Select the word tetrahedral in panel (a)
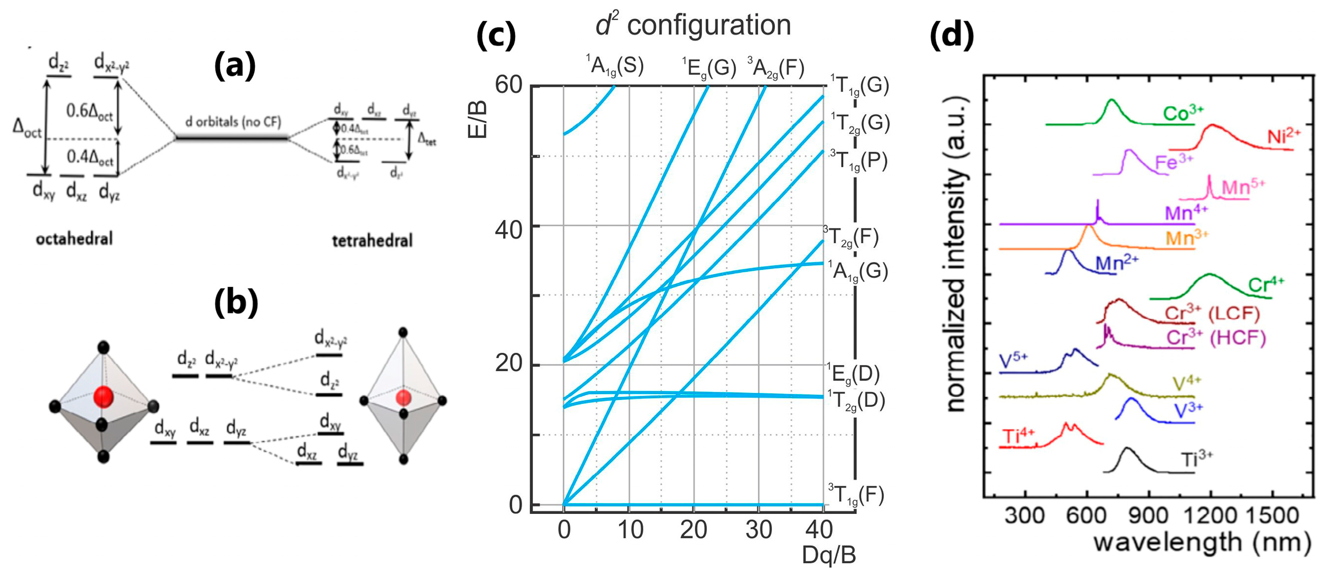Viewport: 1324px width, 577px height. (x=372, y=241)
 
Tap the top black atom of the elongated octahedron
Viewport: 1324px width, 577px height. (x=403, y=333)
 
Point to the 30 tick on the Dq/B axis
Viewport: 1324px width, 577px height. (x=759, y=529)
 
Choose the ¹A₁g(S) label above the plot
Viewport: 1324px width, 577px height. (x=615, y=66)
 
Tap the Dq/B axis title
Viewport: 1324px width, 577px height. (x=829, y=555)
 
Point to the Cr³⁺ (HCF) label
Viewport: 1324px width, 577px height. (x=1215, y=338)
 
